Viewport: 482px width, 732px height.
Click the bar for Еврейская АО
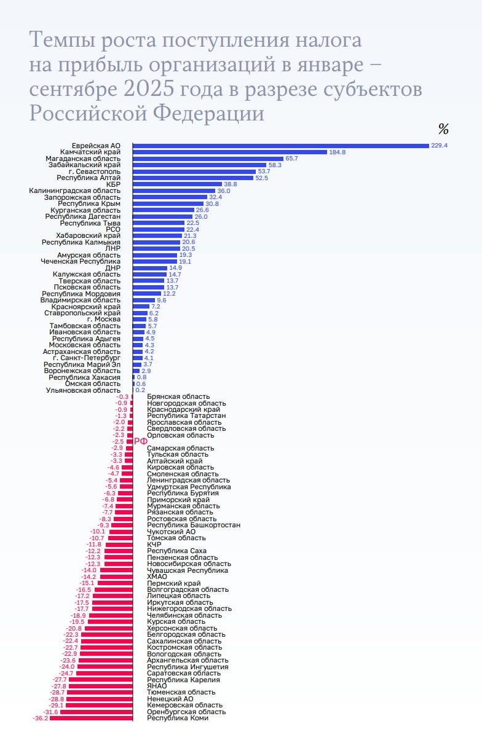280,146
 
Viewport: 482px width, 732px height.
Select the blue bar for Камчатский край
230,152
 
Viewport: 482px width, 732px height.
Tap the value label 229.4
439,146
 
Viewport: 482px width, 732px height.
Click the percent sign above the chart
443,129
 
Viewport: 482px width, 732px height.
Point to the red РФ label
141,441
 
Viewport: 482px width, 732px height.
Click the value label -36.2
40,718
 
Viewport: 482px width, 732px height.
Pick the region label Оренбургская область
186,712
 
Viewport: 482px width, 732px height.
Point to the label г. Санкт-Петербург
87,358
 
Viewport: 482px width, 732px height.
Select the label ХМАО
157,577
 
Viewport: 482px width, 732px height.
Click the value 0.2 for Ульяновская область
140,390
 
